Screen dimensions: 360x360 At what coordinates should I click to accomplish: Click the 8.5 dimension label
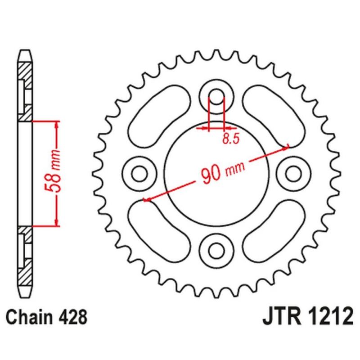click(x=231, y=139)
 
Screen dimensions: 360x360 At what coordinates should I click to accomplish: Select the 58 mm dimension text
click(x=52, y=171)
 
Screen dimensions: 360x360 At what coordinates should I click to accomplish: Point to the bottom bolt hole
click(x=216, y=251)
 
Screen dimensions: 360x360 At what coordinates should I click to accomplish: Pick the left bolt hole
click(x=139, y=174)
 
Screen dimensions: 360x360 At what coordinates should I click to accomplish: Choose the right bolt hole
click(x=293, y=174)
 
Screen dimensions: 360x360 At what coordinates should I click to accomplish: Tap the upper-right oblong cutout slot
click(x=274, y=117)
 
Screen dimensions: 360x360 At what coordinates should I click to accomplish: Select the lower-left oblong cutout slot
click(x=159, y=231)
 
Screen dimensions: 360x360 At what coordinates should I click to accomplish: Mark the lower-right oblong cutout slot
click(x=274, y=231)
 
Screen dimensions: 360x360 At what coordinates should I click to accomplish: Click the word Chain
click(x=29, y=317)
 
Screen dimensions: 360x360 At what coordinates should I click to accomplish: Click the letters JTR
click(x=282, y=316)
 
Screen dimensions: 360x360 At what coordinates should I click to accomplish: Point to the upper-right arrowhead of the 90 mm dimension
click(x=286, y=148)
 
